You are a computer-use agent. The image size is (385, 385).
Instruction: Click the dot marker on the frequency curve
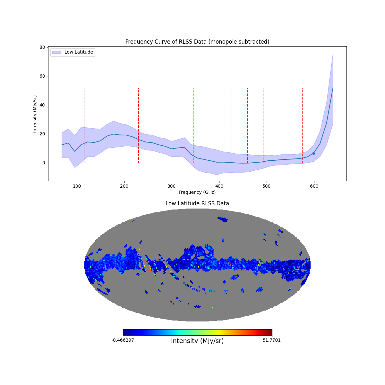313,153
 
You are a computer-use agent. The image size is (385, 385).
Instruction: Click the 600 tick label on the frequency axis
314,186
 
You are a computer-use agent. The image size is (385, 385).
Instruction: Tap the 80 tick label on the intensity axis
42,47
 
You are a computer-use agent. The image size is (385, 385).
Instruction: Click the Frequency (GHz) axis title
197,192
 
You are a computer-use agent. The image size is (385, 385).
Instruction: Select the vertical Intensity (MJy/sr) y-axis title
35,114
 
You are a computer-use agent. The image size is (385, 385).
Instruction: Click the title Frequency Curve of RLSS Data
197,42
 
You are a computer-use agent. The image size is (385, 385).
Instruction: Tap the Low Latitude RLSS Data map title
197,203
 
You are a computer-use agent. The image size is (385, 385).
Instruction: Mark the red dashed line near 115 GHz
84,125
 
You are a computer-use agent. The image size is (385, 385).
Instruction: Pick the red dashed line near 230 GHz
139,125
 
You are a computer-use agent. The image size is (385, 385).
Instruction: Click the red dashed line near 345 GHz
193,125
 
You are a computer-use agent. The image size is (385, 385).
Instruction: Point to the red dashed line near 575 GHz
302,125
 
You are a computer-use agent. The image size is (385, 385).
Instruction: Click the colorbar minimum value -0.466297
123,340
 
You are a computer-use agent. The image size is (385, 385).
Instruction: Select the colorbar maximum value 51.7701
271,340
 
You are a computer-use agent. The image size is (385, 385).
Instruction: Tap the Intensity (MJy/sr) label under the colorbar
197,341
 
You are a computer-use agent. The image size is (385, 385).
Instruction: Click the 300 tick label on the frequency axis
172,186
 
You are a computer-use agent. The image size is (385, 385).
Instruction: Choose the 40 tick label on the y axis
42,105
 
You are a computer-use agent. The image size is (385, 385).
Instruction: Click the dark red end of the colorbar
270,332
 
